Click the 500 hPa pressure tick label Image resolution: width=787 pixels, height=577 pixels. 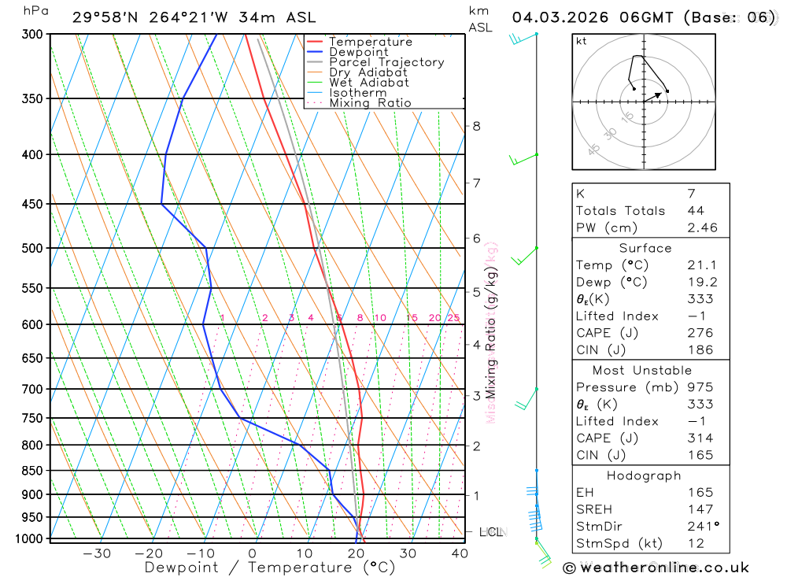coord(32,248)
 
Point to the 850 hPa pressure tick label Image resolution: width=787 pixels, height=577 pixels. coord(32,471)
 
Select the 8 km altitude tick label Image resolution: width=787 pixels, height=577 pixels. coord(476,126)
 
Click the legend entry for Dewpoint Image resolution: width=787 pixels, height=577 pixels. coord(358,52)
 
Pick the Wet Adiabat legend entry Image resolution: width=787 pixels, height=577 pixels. coord(369,83)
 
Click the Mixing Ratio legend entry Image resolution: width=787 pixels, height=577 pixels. coord(370,103)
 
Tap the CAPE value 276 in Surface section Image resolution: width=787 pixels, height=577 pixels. coord(700,333)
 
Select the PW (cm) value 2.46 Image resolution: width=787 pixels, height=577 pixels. coord(703,228)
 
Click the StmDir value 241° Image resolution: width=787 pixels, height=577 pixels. coord(703,527)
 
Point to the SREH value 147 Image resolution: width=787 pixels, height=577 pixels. coord(700,509)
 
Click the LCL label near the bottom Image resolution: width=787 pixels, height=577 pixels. coord(490,532)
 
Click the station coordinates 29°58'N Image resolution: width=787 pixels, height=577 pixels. coord(103,17)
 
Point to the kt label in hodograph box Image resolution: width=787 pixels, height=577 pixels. coord(582,41)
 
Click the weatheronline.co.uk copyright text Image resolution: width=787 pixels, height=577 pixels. coord(656,567)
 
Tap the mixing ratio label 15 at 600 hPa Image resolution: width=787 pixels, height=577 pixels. coord(412,318)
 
